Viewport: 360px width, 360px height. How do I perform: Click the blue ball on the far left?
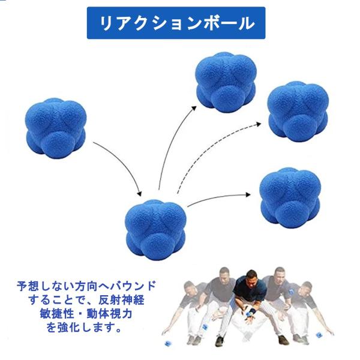pyautogui.click(x=55, y=128)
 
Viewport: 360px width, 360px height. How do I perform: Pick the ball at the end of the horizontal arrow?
pyautogui.click(x=290, y=199)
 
